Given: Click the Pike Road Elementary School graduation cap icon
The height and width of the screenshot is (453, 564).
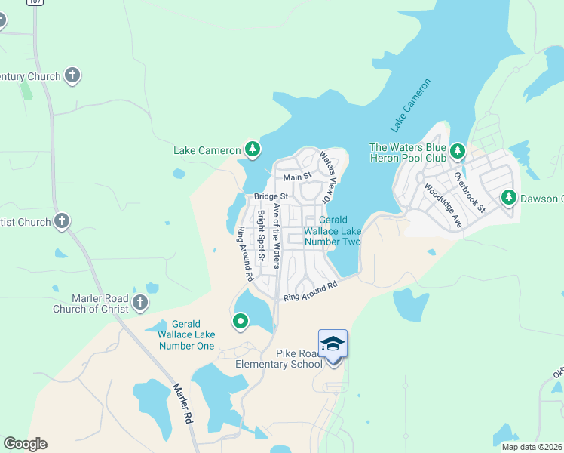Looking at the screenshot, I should [333, 344].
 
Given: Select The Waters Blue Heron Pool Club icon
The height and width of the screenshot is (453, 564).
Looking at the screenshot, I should [457, 153].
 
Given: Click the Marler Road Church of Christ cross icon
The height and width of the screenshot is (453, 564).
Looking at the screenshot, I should [139, 303].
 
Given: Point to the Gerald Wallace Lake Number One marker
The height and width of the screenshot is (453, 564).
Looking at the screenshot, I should [241, 322].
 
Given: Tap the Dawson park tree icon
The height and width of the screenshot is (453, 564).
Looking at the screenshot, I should [509, 198].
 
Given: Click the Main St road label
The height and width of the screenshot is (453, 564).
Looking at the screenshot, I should [297, 177].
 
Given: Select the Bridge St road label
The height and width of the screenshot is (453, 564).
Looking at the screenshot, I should [271, 196].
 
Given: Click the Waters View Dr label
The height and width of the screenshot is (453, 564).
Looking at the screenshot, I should [326, 177].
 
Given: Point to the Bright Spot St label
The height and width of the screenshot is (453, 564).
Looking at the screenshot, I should [261, 236].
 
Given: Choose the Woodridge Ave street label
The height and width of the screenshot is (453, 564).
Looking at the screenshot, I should [442, 205].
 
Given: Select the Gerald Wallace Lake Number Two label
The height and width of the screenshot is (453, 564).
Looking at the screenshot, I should [333, 231].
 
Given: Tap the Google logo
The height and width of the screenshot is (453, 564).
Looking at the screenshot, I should [25, 444].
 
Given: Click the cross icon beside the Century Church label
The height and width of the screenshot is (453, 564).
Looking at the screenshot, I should [72, 75].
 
